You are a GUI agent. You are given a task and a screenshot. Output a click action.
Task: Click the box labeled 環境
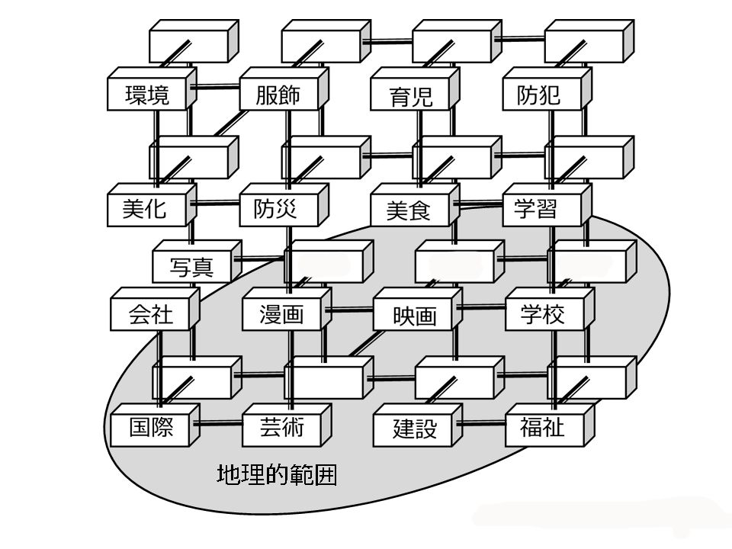click(x=147, y=95)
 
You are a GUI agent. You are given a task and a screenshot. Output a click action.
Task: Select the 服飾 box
click(x=278, y=95)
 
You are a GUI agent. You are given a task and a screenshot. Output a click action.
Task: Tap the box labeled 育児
click(x=410, y=96)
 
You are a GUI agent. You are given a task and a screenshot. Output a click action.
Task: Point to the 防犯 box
click(x=541, y=95)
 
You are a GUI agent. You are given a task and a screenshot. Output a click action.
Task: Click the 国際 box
click(x=151, y=428)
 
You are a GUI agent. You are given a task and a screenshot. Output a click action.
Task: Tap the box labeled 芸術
click(x=282, y=428)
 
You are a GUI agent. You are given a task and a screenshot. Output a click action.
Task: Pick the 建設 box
click(x=414, y=429)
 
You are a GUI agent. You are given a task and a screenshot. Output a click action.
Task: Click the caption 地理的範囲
click(x=277, y=475)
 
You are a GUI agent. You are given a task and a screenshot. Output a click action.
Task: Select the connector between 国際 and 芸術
click(x=217, y=424)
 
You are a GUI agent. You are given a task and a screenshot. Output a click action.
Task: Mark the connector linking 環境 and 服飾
click(x=214, y=88)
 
